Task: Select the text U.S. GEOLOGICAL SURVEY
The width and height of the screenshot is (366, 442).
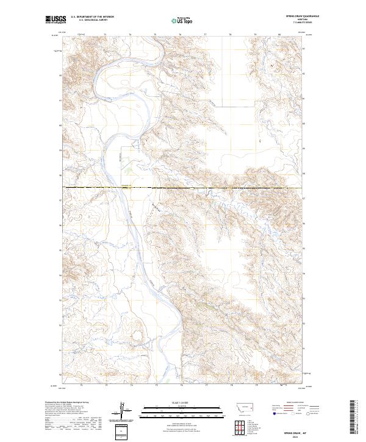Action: [x=92, y=20]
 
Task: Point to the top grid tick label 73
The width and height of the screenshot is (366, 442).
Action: [x=106, y=35]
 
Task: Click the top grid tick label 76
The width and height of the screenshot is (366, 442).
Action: [x=181, y=35]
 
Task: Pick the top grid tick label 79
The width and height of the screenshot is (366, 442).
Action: [x=256, y=35]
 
